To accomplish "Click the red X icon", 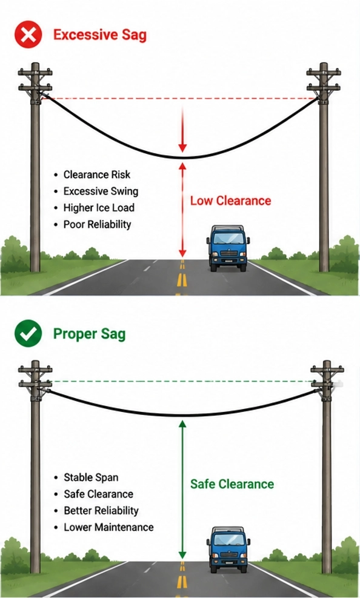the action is coord(28,35).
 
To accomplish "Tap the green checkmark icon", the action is coord(28,333).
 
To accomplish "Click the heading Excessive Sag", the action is coord(100,35).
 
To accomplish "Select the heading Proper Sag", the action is coord(89,334).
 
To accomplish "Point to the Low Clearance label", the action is coord(231,201).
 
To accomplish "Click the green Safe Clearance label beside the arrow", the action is coord(232,484).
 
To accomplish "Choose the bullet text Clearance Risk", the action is coord(97,174).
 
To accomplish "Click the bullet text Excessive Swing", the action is coord(101,191).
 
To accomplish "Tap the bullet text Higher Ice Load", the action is coord(99,207).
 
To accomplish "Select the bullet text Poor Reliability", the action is coord(97,224).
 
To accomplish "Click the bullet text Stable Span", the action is coord(91,477).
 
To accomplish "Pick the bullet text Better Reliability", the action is coord(101,510).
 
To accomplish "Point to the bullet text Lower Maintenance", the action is coord(108,527).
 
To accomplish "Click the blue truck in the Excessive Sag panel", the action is coord(228,248).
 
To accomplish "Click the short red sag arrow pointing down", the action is coord(182,130).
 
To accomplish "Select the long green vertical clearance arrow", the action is coord(182,490).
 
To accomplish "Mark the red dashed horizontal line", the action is coord(179,98).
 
